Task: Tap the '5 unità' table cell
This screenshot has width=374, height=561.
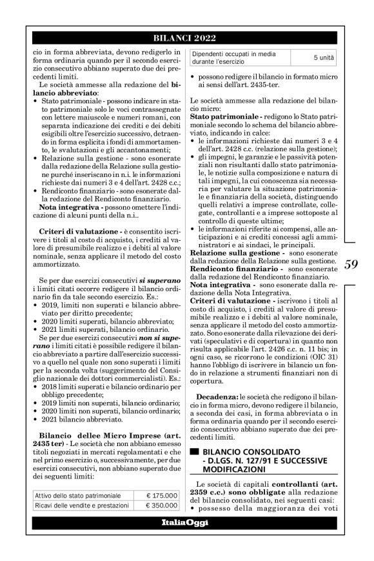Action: [x=324, y=59]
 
